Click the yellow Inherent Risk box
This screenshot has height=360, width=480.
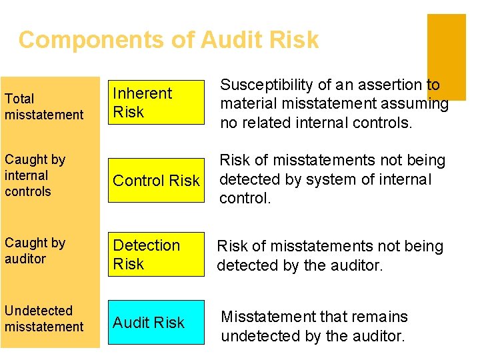click(x=157, y=103)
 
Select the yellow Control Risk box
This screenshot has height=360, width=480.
click(x=157, y=181)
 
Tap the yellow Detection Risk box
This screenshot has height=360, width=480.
click(x=157, y=255)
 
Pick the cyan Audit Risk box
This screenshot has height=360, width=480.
click(x=157, y=323)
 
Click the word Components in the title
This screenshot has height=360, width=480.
click(x=91, y=41)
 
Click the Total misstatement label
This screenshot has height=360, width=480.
click(x=44, y=107)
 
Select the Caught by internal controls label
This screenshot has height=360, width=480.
click(x=35, y=175)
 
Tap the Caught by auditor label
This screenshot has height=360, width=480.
click(x=35, y=251)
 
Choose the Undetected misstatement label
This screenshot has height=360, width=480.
click(x=44, y=319)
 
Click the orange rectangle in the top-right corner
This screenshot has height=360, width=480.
click(x=446, y=57)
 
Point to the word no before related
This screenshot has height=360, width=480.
click(x=229, y=123)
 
